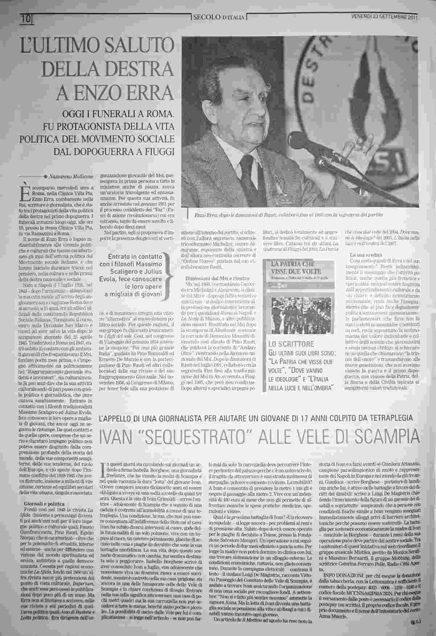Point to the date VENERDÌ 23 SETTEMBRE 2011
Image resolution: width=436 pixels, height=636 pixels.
(384, 17)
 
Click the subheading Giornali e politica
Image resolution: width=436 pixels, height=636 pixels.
(44, 504)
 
